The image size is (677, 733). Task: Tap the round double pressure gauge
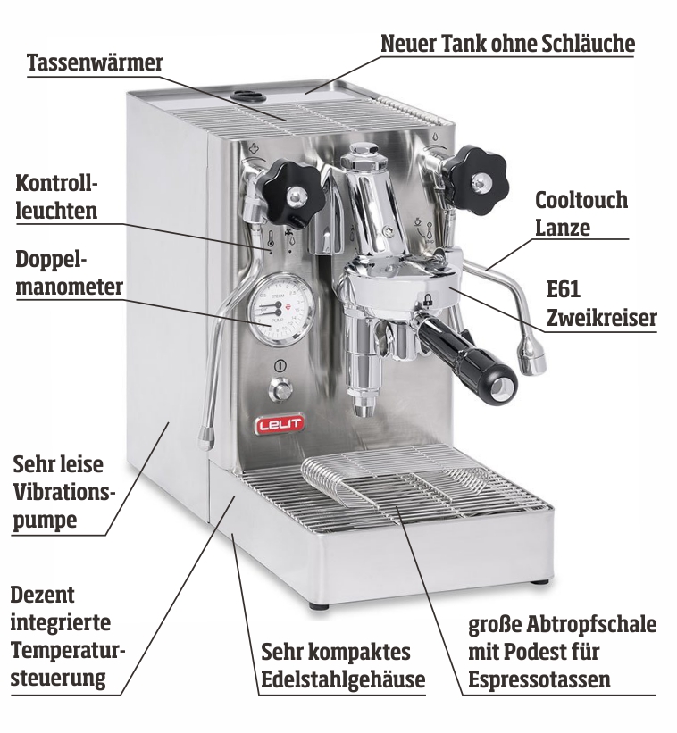click(280, 309)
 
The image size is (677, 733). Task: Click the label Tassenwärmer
click(95, 63)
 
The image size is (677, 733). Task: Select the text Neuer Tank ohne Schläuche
click(507, 43)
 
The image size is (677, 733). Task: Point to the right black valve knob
click(474, 179)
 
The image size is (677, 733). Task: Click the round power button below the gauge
click(281, 388)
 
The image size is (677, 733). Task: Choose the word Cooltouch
click(581, 199)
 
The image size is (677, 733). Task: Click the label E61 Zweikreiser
click(601, 304)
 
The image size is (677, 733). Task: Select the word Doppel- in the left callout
click(54, 258)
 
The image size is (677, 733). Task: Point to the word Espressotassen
click(539, 679)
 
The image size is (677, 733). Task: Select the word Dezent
click(42, 594)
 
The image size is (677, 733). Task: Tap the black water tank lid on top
click(247, 94)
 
